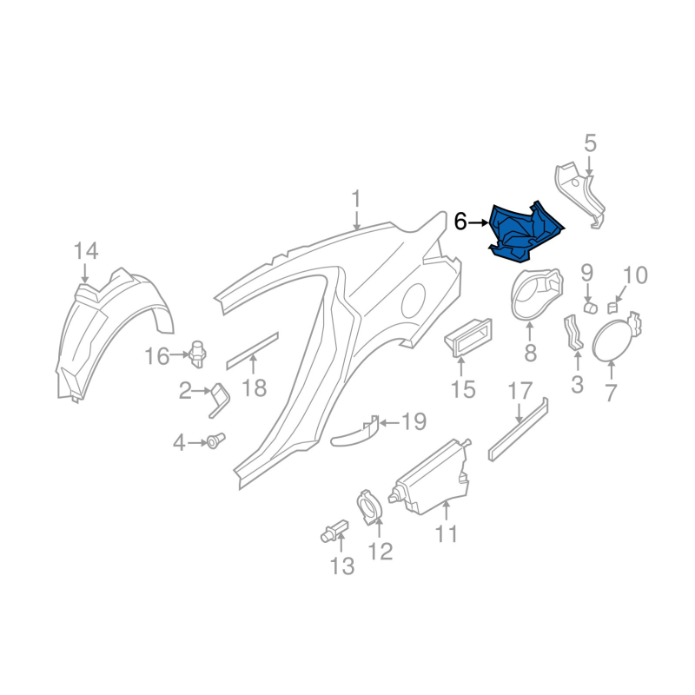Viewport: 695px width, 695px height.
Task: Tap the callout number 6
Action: coord(460,222)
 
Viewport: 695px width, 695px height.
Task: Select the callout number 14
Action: coord(86,252)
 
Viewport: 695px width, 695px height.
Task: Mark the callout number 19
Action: coord(414,423)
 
